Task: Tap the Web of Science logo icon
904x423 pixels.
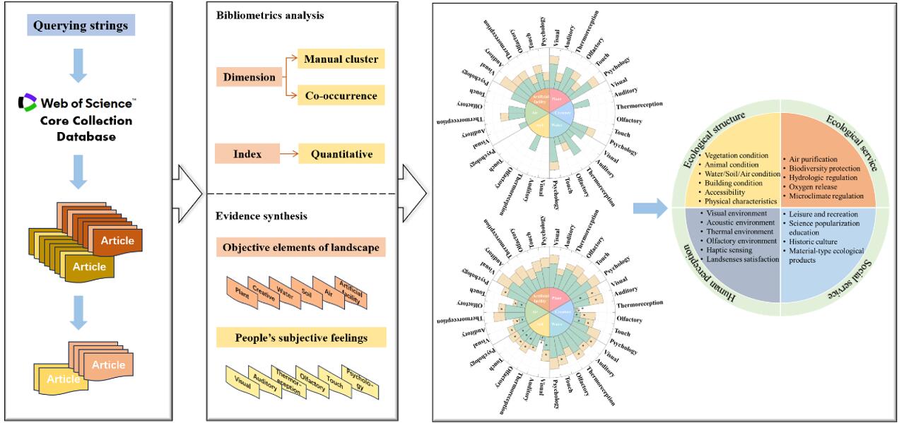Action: [27, 103]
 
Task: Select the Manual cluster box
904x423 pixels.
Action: [341, 58]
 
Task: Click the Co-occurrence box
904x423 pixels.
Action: [341, 95]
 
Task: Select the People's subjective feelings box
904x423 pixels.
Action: [301, 338]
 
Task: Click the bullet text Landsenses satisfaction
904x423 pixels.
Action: [737, 260]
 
